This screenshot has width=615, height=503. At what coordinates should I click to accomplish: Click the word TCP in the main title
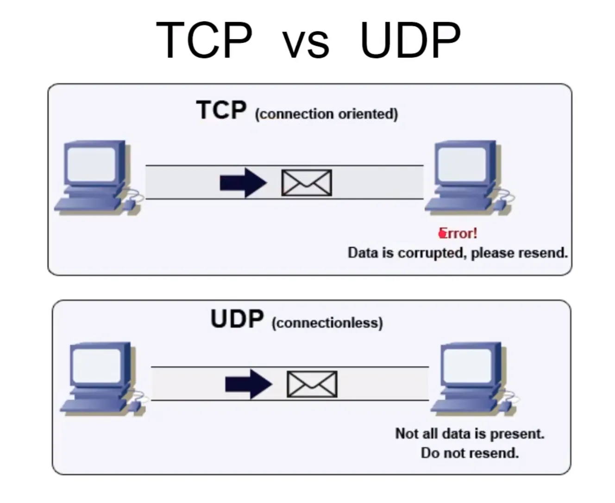204,40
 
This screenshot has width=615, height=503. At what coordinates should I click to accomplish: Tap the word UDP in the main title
410,40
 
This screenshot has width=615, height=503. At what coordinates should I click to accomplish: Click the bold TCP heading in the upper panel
221,111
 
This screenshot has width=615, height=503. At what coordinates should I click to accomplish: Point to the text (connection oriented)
326,114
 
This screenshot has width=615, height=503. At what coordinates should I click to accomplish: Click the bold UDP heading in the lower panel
237,319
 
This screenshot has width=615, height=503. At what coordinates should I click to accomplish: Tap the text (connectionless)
327,323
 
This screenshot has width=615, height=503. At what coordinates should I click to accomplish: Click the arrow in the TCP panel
243,182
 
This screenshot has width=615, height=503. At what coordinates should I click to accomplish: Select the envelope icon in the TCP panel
307,182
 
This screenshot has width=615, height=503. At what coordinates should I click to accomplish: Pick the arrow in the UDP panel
249,384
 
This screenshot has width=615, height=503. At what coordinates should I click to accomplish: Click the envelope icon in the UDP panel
312,384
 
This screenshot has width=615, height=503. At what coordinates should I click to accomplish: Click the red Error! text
458,233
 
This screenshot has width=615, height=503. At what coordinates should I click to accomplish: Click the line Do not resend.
470,453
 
